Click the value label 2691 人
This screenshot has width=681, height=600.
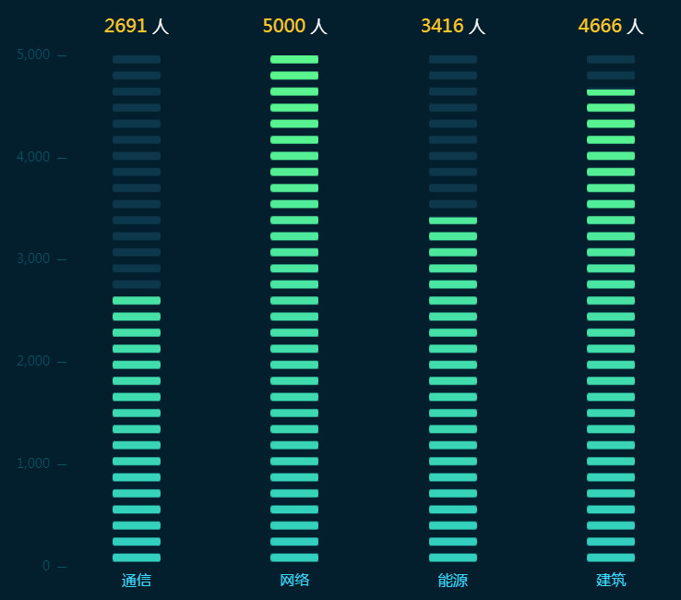pos(137,26)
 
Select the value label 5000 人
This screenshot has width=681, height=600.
pos(294,26)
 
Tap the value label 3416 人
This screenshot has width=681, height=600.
pos(453,26)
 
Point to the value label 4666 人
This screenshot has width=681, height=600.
pos(611,26)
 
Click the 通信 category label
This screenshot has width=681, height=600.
pos(137,581)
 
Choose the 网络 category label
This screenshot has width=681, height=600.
pos(294,581)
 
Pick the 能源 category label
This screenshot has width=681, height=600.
pos(453,581)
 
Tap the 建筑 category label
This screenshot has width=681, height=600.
pos(611,581)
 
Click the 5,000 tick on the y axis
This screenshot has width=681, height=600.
pos(33,55)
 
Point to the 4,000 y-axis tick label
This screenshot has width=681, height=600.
pos(33,157)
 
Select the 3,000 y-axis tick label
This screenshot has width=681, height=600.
pos(33,259)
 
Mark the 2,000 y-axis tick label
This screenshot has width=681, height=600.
pos(33,361)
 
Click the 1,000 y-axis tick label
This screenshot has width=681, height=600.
pos(33,463)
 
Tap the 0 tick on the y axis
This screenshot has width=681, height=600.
pos(47,566)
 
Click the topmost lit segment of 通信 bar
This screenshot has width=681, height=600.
pos(137,301)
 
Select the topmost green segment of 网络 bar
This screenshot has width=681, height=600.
pos(294,59)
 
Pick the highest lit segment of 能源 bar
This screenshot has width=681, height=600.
pos(453,221)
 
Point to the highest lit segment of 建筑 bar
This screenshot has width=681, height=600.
pos(611,92)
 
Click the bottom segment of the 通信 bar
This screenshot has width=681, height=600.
pos(137,558)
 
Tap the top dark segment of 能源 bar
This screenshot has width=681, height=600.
pos(453,59)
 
